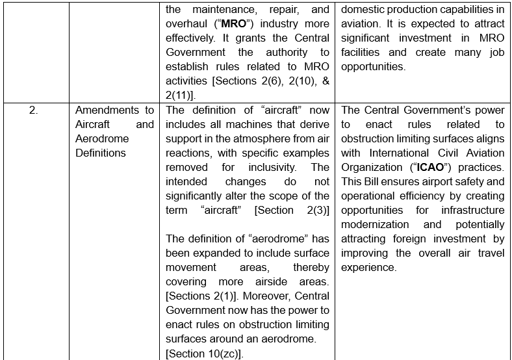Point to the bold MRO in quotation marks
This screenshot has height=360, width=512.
(231, 24)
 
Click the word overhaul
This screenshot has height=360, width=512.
(186, 24)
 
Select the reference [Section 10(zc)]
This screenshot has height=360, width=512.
(203, 353)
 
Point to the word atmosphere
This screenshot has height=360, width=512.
(246, 138)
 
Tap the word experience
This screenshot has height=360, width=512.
(368, 267)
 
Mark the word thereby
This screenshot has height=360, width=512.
(311, 267)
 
